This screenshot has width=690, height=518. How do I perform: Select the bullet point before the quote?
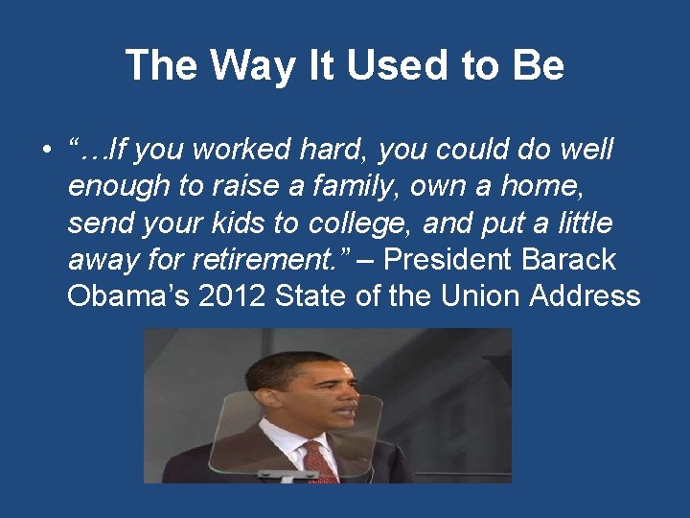click(45, 152)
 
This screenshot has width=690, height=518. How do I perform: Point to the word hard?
click(339, 151)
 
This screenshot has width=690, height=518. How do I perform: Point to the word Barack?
click(569, 260)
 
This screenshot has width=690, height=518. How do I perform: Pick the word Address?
click(588, 295)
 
